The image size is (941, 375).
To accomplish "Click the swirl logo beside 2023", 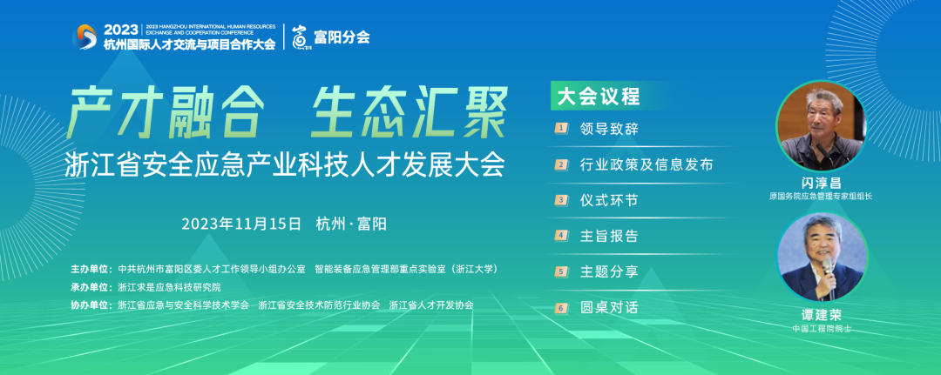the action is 85,37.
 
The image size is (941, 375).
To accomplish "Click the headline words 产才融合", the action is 166,113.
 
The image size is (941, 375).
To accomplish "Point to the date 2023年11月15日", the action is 241,224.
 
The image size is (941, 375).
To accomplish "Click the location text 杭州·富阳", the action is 351,224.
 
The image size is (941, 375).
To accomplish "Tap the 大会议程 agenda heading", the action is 599,97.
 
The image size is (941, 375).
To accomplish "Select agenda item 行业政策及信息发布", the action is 647,164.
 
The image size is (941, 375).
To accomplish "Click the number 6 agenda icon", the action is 562,309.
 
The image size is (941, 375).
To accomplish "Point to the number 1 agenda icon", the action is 562,128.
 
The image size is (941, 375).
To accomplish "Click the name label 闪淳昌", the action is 822,184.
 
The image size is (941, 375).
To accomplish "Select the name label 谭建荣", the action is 822,316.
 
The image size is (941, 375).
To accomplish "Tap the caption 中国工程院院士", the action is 822,329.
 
